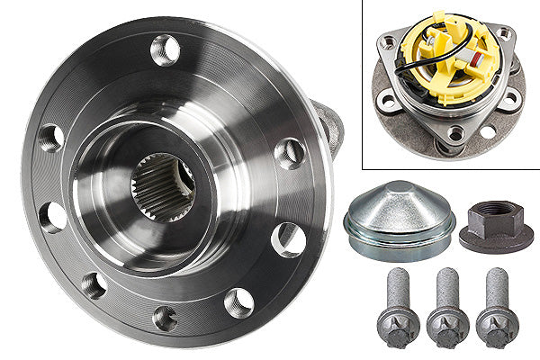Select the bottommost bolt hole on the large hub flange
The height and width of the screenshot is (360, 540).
(165, 318)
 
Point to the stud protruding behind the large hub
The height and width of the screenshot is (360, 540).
(329, 126)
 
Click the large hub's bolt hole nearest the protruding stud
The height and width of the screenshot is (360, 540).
(290, 153)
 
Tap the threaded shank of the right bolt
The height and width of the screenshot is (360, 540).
(495, 292)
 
